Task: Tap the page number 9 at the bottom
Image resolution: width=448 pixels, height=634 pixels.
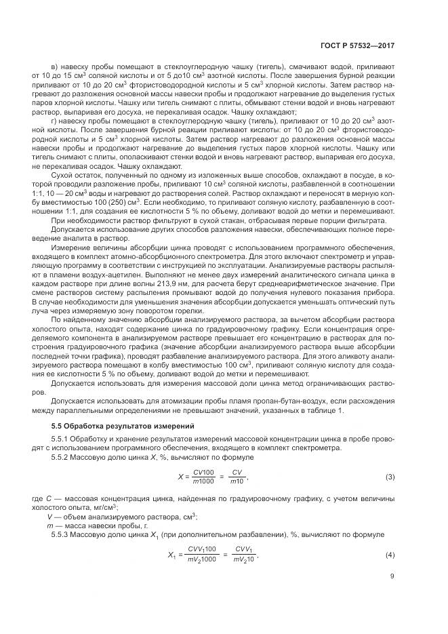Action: pyautogui.click(x=392, y=578)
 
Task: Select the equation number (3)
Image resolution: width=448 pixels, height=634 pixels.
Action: pyautogui.click(x=390, y=477)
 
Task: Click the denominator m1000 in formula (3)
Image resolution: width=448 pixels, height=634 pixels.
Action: pyautogui.click(x=203, y=482)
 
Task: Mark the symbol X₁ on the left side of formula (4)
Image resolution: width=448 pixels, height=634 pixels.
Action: pyautogui.click(x=171, y=555)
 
